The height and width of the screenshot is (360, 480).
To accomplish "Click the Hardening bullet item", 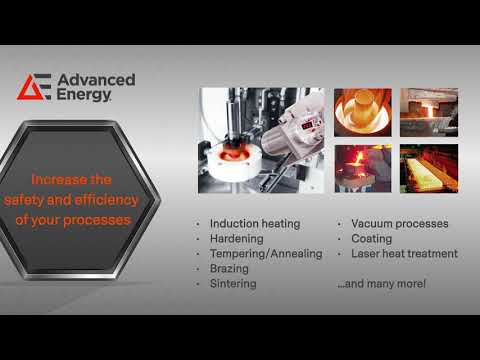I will (237, 239).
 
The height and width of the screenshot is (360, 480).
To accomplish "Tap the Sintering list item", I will (234, 284).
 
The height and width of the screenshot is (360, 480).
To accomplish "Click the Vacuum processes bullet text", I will (399, 223).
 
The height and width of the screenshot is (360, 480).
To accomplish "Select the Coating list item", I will (371, 239).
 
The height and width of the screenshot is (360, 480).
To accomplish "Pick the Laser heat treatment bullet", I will (404, 254).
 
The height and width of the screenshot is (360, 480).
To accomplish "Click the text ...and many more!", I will (381, 284).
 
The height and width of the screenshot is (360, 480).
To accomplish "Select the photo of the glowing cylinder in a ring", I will (362, 112).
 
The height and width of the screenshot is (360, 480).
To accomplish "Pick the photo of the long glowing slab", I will (428, 168).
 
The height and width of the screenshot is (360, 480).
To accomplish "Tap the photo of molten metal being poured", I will (362, 168).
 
